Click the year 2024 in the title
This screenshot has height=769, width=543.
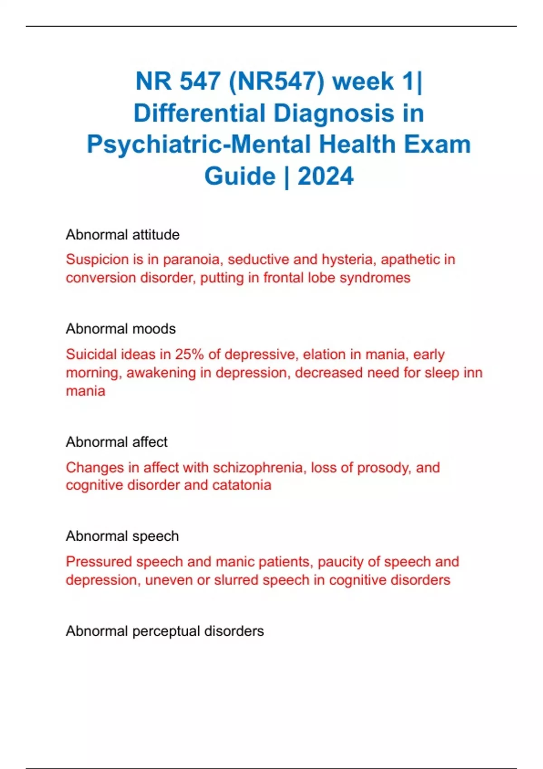tap(325, 176)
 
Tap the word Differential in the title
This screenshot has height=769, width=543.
tap(199, 113)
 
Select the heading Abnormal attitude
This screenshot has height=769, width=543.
tap(122, 235)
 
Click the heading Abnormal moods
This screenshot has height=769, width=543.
tap(120, 329)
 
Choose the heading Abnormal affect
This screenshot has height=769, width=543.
tap(116, 442)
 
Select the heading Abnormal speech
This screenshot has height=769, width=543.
tap(122, 536)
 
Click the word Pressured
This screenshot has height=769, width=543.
tap(99, 562)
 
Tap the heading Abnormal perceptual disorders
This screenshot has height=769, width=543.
tap(165, 631)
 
